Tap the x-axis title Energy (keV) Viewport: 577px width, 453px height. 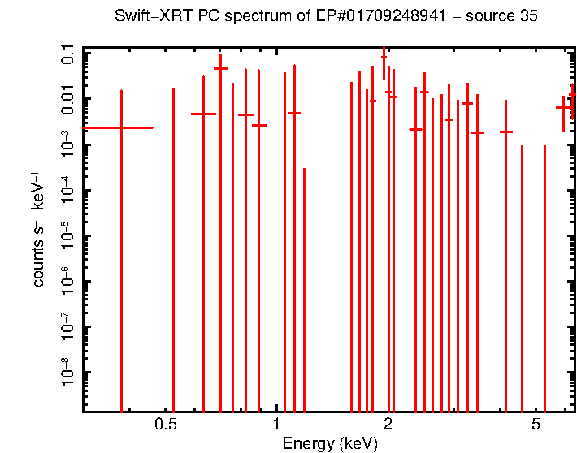(x=330, y=443)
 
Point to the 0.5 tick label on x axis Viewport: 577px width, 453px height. (x=165, y=425)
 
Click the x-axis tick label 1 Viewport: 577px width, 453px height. (x=276, y=425)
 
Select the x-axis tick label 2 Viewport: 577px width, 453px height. (x=388, y=425)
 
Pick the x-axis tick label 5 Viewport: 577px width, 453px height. (x=536, y=425)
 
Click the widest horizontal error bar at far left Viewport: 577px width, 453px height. (x=118, y=127)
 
